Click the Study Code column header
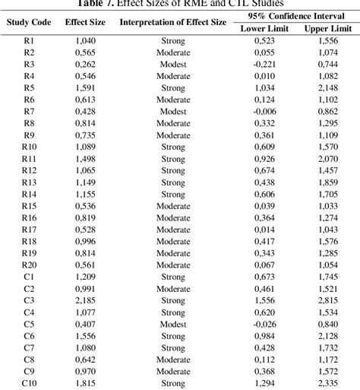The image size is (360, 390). pyautogui.click(x=29, y=22)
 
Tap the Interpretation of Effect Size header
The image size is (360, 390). pyautogui.click(x=173, y=22)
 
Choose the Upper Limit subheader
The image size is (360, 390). pyautogui.click(x=327, y=28)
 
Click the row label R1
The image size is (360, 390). pyautogui.click(x=29, y=40)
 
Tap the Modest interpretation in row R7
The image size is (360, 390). pyautogui.click(x=173, y=111)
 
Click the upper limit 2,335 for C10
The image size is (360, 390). pyautogui.click(x=327, y=383)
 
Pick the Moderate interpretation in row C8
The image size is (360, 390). pyautogui.click(x=173, y=360)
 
